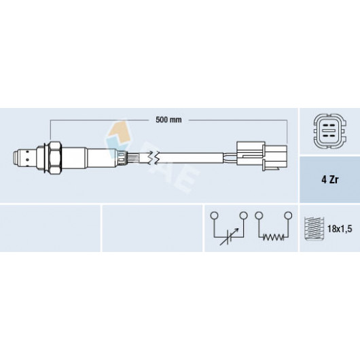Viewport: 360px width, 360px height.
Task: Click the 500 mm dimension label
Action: (x=168, y=120)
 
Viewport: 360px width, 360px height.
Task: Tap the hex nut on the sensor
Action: (x=56, y=158)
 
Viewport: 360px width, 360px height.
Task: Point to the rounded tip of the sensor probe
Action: (x=15, y=158)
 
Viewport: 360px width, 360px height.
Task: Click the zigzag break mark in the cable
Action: (x=153, y=158)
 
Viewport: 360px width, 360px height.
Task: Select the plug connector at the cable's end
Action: (x=262, y=156)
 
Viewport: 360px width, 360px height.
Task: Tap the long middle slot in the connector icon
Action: (x=329, y=130)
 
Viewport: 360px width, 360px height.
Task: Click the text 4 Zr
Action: (x=329, y=180)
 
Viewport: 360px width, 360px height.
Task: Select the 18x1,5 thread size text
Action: (x=340, y=229)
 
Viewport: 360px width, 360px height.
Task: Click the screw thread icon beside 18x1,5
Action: (x=314, y=228)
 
